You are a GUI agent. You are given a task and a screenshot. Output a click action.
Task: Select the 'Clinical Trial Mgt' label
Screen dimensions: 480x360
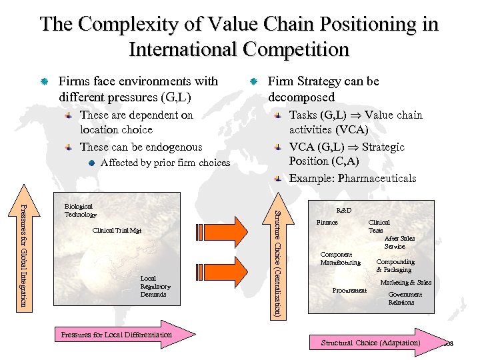pos(117,231)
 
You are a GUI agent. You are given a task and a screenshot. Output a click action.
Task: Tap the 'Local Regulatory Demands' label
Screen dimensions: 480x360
pos(155,286)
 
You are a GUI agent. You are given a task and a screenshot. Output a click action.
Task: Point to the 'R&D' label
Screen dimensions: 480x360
pos(344,210)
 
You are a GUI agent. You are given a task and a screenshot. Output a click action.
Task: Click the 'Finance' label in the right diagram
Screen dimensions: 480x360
pos(327,223)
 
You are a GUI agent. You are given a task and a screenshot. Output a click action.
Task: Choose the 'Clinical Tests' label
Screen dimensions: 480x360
pos(379,226)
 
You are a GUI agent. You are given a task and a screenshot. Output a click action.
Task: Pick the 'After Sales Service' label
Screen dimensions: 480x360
pos(399,242)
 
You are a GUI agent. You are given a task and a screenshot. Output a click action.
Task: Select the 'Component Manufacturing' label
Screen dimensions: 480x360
pos(340,258)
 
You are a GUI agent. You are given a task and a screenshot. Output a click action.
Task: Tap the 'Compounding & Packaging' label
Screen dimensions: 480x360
pos(395,265)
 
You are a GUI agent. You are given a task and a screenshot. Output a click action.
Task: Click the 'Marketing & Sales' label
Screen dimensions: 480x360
pos(405,283)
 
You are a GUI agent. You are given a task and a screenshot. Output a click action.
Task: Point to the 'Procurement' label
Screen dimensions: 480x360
pos(349,291)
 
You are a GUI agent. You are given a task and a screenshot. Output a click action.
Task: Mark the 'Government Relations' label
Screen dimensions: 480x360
pos(405,298)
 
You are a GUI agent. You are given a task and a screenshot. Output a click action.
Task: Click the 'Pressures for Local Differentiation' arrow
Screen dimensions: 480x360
pos(120,335)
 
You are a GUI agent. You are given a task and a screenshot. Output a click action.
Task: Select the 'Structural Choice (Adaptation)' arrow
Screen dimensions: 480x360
pos(373,343)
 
